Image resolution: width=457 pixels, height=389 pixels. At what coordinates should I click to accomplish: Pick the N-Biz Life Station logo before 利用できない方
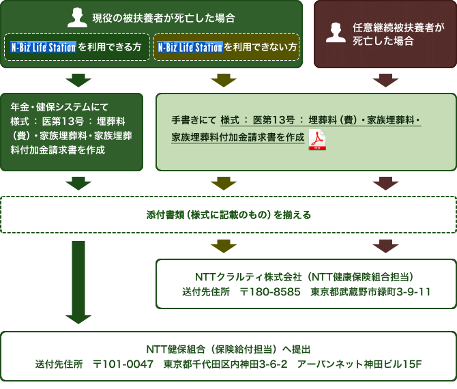(x=190, y=48)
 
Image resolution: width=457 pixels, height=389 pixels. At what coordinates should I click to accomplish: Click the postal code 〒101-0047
(x=123, y=364)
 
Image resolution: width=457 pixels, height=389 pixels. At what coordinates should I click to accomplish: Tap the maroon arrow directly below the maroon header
(x=385, y=80)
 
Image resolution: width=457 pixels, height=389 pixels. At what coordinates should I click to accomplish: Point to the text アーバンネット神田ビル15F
(x=359, y=364)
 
